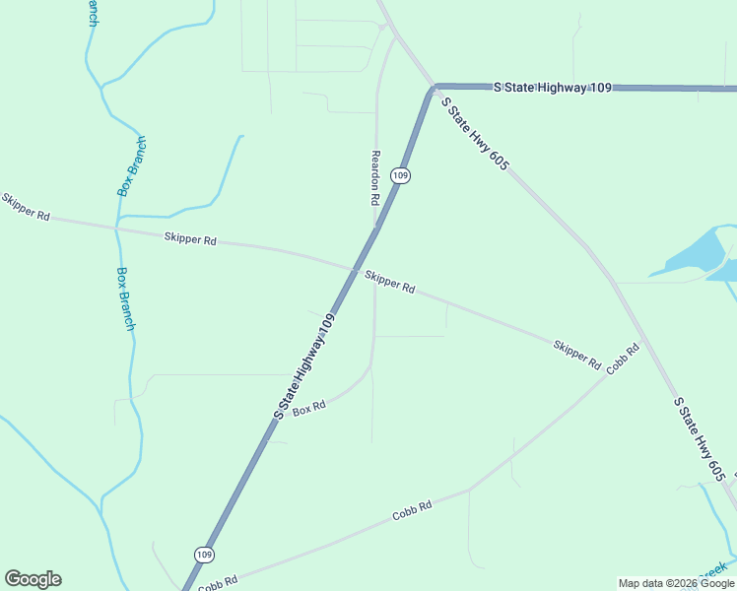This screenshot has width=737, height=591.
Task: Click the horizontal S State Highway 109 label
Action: point(553,88)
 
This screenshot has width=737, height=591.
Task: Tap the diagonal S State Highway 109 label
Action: point(305,366)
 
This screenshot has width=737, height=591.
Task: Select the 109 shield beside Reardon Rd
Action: point(399,175)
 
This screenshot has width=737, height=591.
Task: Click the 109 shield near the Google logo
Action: point(203,556)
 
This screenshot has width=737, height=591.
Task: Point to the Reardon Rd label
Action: point(375,176)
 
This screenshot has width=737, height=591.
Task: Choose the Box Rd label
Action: point(308,408)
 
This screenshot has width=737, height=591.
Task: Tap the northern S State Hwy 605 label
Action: point(474,134)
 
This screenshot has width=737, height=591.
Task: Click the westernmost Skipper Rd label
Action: point(26,207)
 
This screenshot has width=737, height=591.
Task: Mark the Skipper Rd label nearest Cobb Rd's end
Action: point(576,354)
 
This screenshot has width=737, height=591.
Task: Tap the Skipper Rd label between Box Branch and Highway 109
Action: point(190,238)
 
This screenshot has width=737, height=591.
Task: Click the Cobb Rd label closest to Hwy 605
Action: point(623,359)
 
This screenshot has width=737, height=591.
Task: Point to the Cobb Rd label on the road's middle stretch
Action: point(412,511)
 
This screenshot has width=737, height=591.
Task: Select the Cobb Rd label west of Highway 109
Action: point(218,583)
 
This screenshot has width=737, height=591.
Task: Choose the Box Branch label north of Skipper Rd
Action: point(132,165)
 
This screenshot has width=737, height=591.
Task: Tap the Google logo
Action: point(33,579)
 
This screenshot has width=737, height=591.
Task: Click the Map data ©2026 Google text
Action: point(676,583)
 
